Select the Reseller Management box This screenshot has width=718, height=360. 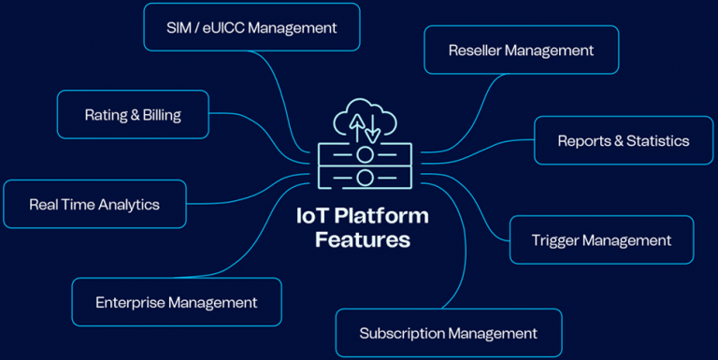click(521, 50)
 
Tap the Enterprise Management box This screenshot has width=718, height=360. click(176, 302)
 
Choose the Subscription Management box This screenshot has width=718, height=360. click(448, 333)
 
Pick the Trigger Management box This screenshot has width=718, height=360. click(601, 240)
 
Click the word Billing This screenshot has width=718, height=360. click(163, 115)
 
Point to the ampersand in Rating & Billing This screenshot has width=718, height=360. click(135, 115)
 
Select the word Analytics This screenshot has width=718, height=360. click(127, 204)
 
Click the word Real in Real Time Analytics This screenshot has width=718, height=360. click(44, 204)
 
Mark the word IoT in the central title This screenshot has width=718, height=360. click(311, 216)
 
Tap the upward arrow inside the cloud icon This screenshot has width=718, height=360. click(356, 122)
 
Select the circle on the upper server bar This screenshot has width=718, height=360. click(365, 153)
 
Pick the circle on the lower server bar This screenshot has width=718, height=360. click(365, 177)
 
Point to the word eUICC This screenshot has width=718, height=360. click(222, 27)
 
